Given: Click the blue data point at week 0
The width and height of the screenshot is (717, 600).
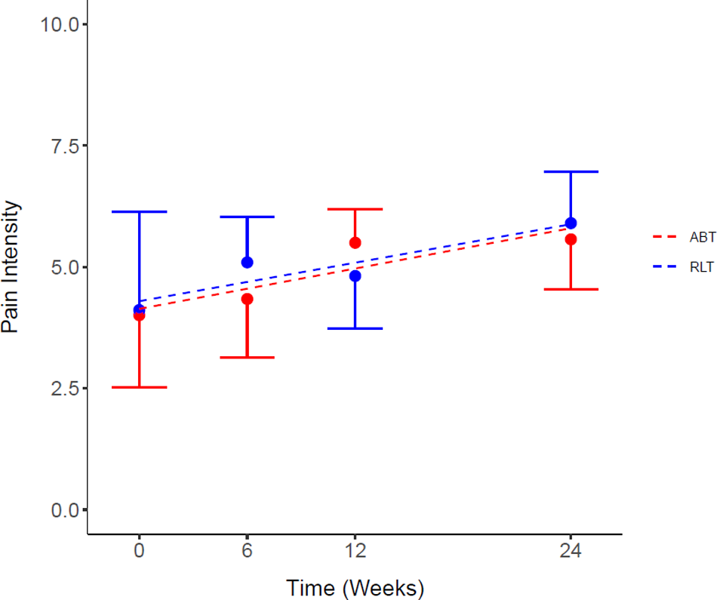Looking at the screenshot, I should tap(139, 309).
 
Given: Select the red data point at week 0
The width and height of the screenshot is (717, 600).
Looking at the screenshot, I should tap(139, 316).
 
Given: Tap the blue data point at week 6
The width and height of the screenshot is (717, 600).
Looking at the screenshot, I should tap(247, 262).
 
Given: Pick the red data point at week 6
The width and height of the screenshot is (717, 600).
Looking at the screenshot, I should tap(247, 299).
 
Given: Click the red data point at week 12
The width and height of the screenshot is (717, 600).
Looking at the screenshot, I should tap(355, 242).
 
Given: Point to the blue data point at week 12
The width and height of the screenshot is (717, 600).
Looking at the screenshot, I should tap(355, 275).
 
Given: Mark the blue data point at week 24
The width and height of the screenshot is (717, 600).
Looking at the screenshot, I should tap(571, 223).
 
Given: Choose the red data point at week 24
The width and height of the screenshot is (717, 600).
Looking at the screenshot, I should tap(571, 239).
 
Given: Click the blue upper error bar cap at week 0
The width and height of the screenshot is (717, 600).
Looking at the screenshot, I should tap(139, 212).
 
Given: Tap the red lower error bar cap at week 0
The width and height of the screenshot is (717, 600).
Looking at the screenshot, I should tap(139, 387).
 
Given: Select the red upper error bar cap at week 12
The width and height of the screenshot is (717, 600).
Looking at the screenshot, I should tap(355, 209).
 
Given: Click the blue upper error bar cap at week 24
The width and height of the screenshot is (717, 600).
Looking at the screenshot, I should tap(571, 172).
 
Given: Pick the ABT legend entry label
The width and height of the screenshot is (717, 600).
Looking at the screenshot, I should tap(702, 237).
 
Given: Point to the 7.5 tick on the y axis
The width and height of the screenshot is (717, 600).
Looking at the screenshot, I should tap(85, 146).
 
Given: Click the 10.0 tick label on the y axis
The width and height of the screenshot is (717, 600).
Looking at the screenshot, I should tap(60, 24).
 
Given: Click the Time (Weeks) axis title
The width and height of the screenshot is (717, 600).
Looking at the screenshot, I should tap(355, 587).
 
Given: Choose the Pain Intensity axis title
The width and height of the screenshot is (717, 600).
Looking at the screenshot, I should tap(11, 267).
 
